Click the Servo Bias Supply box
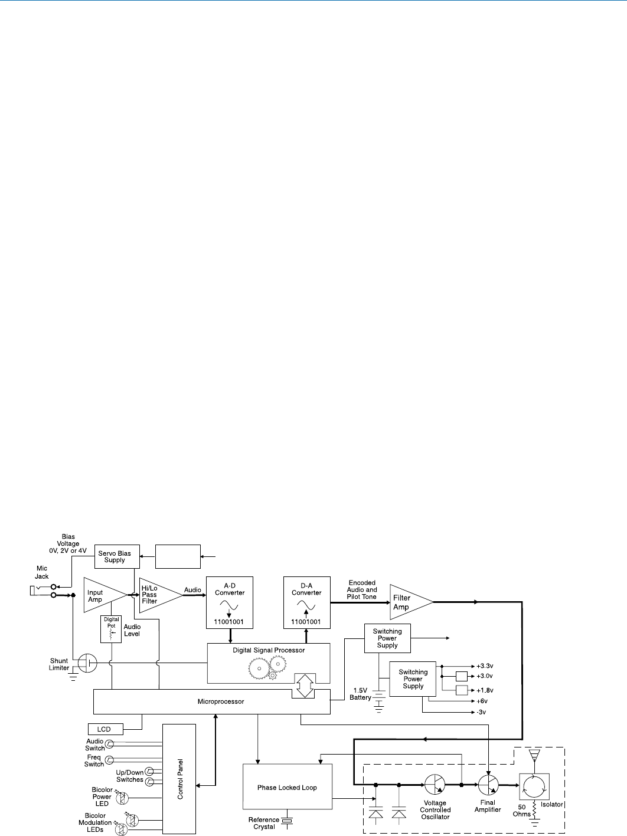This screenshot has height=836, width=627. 117,556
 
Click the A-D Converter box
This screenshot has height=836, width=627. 230,602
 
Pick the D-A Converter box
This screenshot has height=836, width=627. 306,602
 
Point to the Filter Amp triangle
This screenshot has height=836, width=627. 407,602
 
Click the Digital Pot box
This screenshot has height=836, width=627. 111,629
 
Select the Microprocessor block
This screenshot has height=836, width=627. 211,701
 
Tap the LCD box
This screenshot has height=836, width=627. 106,729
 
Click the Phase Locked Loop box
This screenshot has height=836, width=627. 287,787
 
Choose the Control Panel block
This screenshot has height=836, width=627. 179,779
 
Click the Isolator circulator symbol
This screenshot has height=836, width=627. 534,786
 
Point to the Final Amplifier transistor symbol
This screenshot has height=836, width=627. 488,785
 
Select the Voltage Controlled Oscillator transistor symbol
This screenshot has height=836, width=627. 435,785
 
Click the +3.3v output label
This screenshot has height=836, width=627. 485,666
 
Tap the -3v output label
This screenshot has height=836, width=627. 481,712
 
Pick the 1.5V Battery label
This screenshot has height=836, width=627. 360,694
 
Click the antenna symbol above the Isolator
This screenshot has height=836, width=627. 534,756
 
